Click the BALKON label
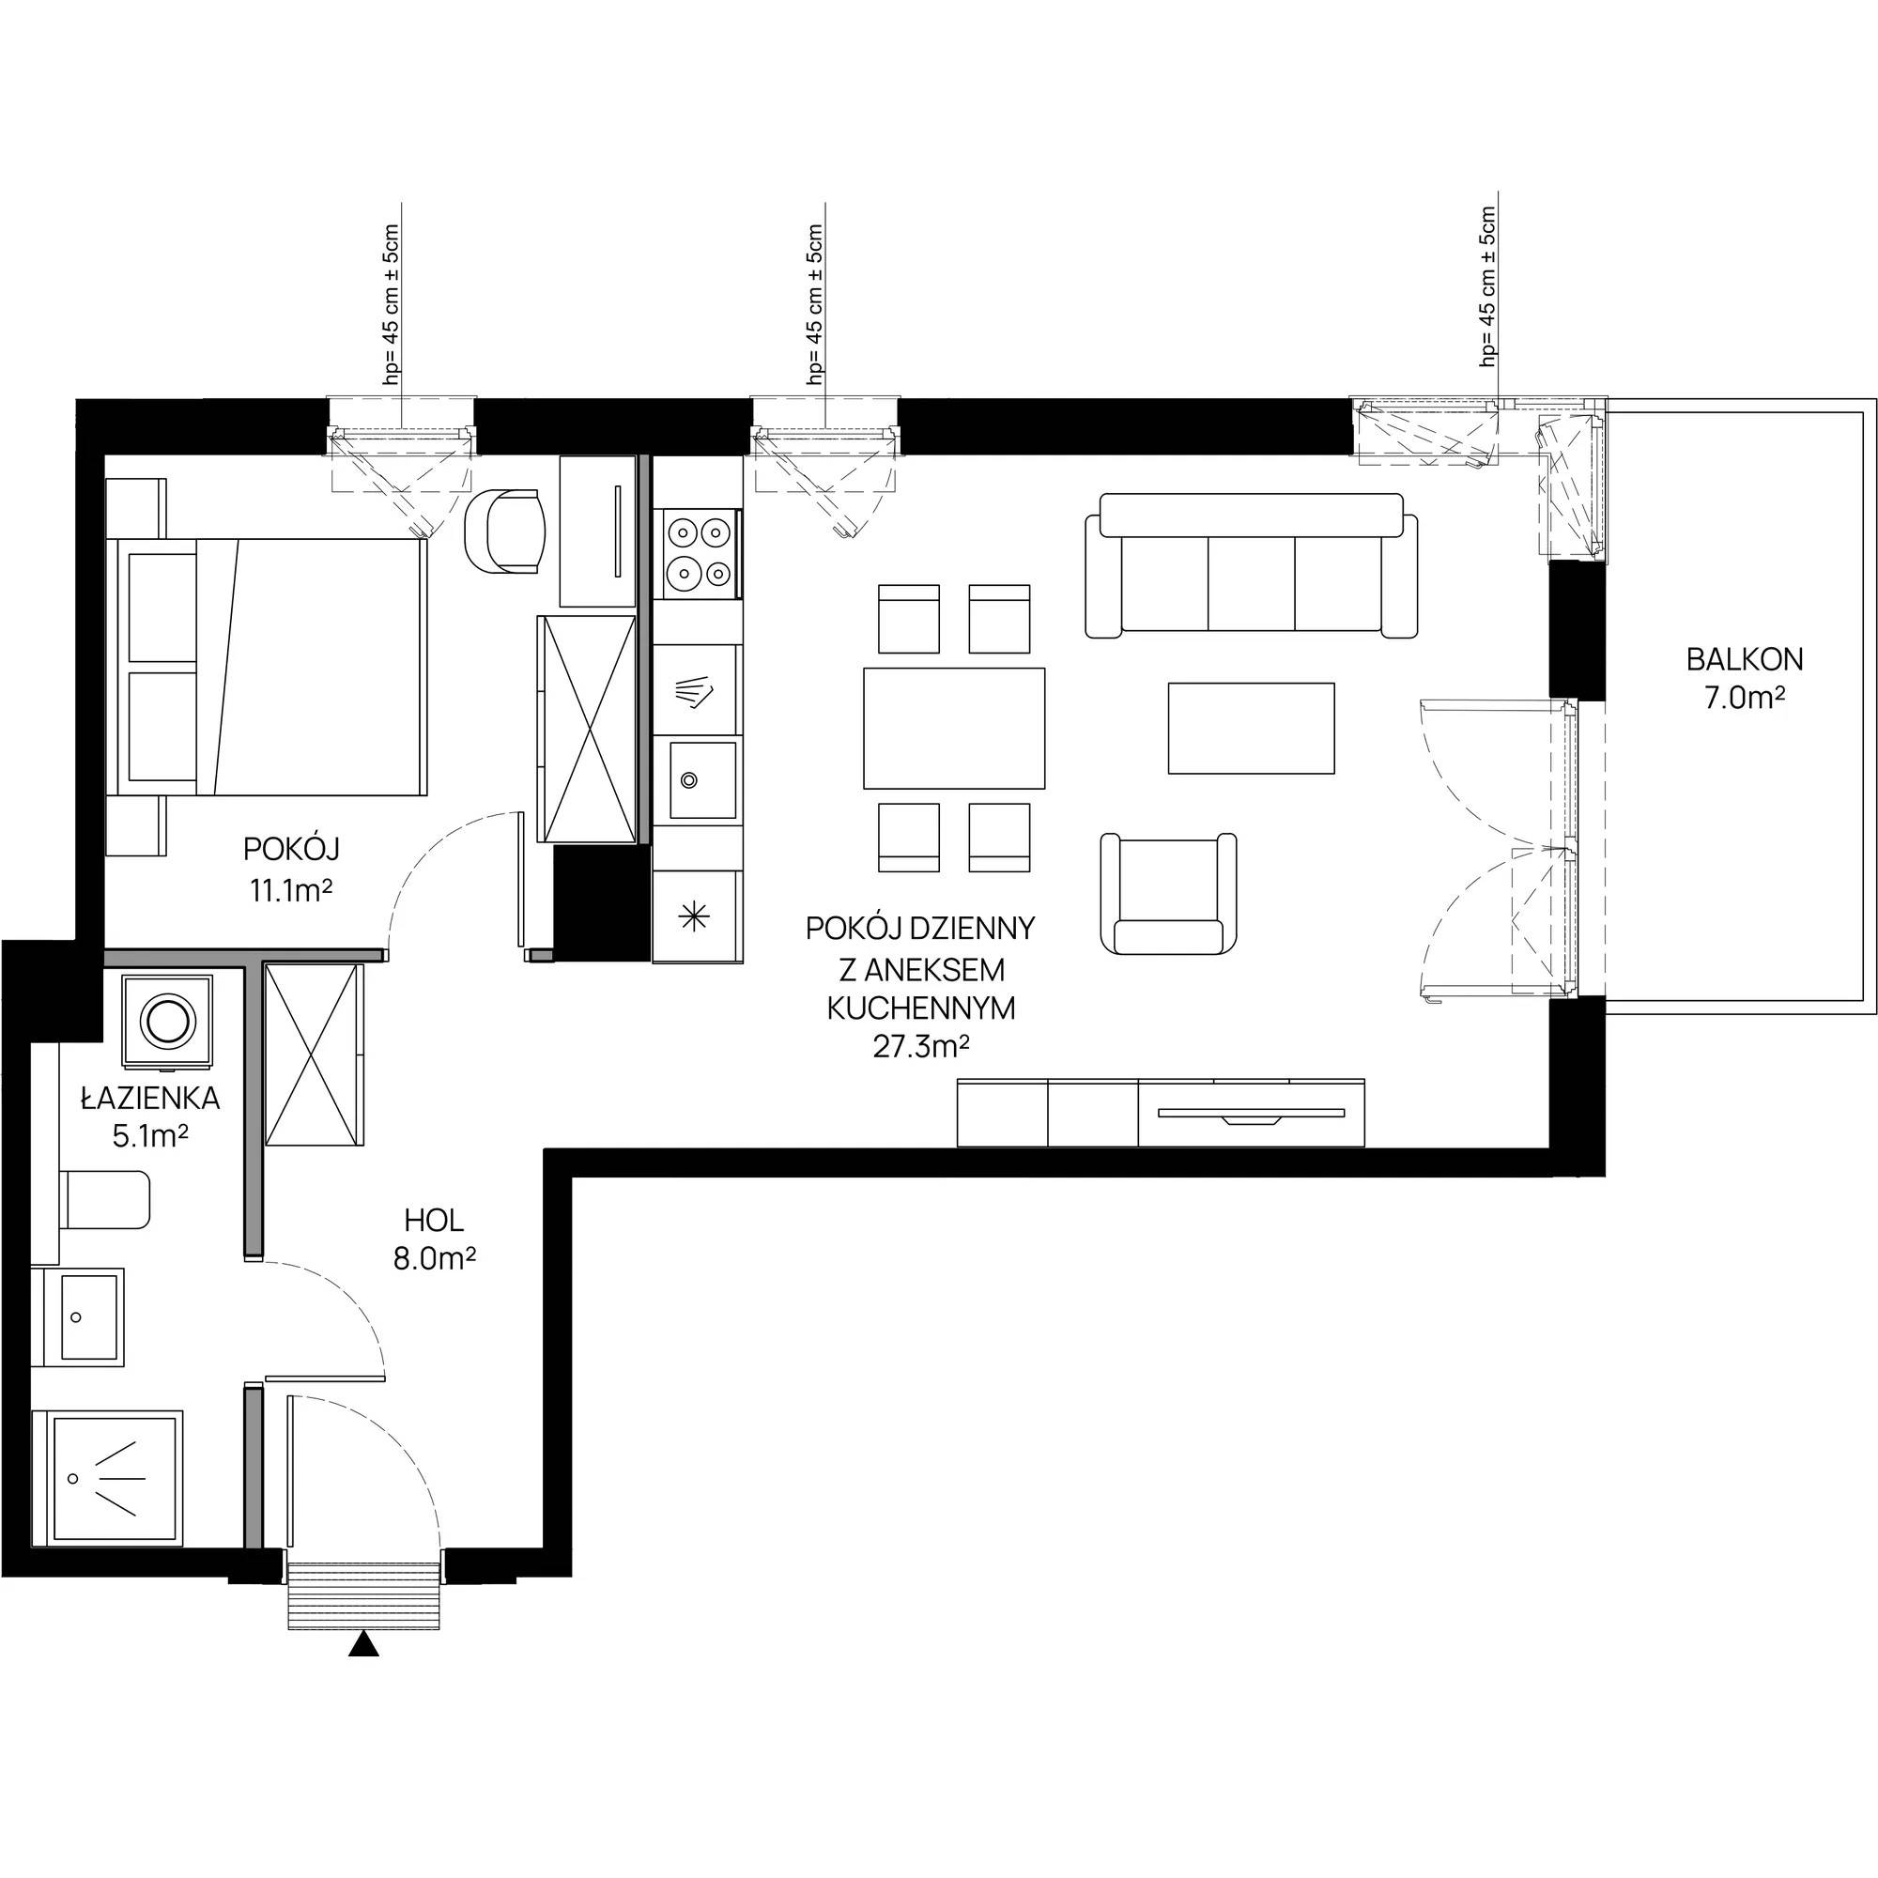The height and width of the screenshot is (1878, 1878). [1745, 660]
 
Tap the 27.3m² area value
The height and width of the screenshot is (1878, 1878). [922, 1047]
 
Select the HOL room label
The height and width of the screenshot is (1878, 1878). [435, 1219]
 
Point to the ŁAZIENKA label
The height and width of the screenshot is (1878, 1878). [149, 1098]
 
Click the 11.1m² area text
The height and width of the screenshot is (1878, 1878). [292, 889]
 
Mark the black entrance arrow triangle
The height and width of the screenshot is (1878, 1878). [362, 1642]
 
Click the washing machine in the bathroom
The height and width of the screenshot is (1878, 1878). [167, 1020]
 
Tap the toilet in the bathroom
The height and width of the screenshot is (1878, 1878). [105, 1199]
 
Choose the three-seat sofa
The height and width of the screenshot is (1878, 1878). [1251, 564]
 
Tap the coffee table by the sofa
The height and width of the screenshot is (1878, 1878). [1251, 728]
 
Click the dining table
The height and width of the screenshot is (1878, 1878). [954, 727]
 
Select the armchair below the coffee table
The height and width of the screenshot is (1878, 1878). [1168, 892]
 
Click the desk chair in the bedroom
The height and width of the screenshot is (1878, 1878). [505, 531]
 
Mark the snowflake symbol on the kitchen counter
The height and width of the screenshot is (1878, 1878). [694, 916]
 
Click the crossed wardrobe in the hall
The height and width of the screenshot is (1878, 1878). [314, 1054]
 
